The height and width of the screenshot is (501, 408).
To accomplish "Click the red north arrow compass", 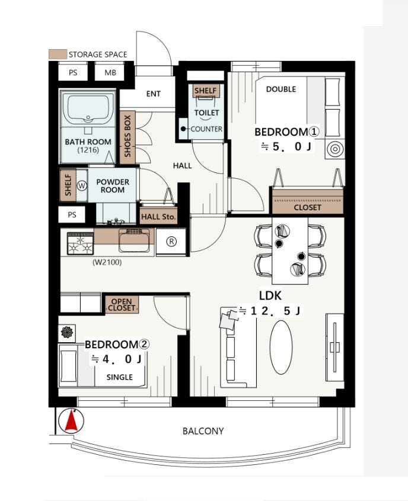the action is point(72,421).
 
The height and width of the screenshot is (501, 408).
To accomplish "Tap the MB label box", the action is point(110,72).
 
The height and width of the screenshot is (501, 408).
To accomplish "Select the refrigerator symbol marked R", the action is point(171,242).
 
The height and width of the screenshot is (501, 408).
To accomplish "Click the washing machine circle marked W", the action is point(82,185).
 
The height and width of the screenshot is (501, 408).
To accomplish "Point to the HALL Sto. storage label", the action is point(158,216).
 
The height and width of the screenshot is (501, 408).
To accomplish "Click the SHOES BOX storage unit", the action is point(128,137).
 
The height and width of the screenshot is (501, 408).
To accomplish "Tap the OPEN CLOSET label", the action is point(122,304).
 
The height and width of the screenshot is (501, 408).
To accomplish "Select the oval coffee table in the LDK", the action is point(281,347).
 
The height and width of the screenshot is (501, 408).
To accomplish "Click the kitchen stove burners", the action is point(80,243).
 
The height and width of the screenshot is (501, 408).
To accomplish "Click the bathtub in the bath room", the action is point(88,109).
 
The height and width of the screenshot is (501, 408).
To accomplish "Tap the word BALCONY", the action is point(203,431).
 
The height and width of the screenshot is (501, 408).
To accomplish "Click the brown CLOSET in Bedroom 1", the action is point(308,201).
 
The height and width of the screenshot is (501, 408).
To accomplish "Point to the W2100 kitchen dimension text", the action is point(107,263).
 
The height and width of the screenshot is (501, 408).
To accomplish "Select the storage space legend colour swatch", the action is point(58,54).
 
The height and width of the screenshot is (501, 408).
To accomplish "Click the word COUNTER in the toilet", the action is point(206,129).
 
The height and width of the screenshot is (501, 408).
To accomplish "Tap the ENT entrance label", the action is point(153,94).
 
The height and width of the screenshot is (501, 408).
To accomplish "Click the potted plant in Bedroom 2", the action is point(67,332).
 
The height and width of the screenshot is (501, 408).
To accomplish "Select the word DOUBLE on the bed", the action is point(281,89).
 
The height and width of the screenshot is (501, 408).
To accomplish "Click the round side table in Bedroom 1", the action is point(334,149).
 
